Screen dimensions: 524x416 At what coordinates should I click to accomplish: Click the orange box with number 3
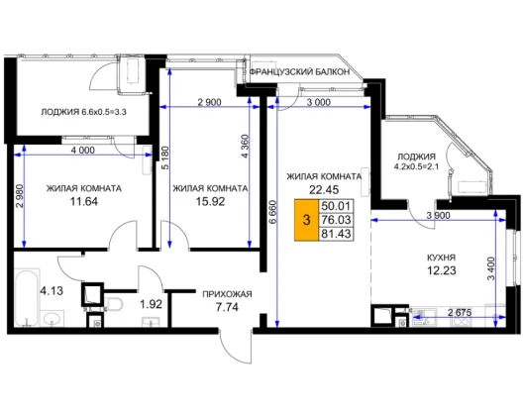306,220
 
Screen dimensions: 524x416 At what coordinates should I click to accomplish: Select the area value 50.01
336,206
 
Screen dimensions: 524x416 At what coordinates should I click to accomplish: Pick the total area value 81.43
336,234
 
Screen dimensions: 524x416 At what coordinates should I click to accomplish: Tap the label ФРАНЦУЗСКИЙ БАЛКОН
300,72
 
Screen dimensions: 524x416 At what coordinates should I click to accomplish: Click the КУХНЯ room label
442,258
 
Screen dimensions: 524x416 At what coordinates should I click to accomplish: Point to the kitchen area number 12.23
442,270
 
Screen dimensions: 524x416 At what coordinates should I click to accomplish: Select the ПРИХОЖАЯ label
227,294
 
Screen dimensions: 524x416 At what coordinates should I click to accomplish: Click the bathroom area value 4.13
52,290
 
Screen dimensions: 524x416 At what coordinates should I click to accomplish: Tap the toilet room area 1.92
151,304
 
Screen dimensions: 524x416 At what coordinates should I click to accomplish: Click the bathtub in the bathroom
27,297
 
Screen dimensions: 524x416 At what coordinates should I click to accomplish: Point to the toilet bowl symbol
114,304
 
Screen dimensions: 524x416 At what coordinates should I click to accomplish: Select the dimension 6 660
273,212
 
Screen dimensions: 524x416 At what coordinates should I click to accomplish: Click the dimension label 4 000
83,151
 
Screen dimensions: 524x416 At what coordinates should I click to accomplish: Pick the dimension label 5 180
165,157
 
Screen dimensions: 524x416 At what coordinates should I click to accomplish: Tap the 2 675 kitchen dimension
460,313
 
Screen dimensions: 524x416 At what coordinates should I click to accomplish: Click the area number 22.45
324,190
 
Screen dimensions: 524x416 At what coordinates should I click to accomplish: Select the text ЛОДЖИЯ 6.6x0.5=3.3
83,112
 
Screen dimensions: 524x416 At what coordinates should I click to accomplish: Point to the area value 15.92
210,201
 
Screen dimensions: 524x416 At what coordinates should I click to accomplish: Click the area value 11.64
84,201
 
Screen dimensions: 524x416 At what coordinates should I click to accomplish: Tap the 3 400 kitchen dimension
490,268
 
